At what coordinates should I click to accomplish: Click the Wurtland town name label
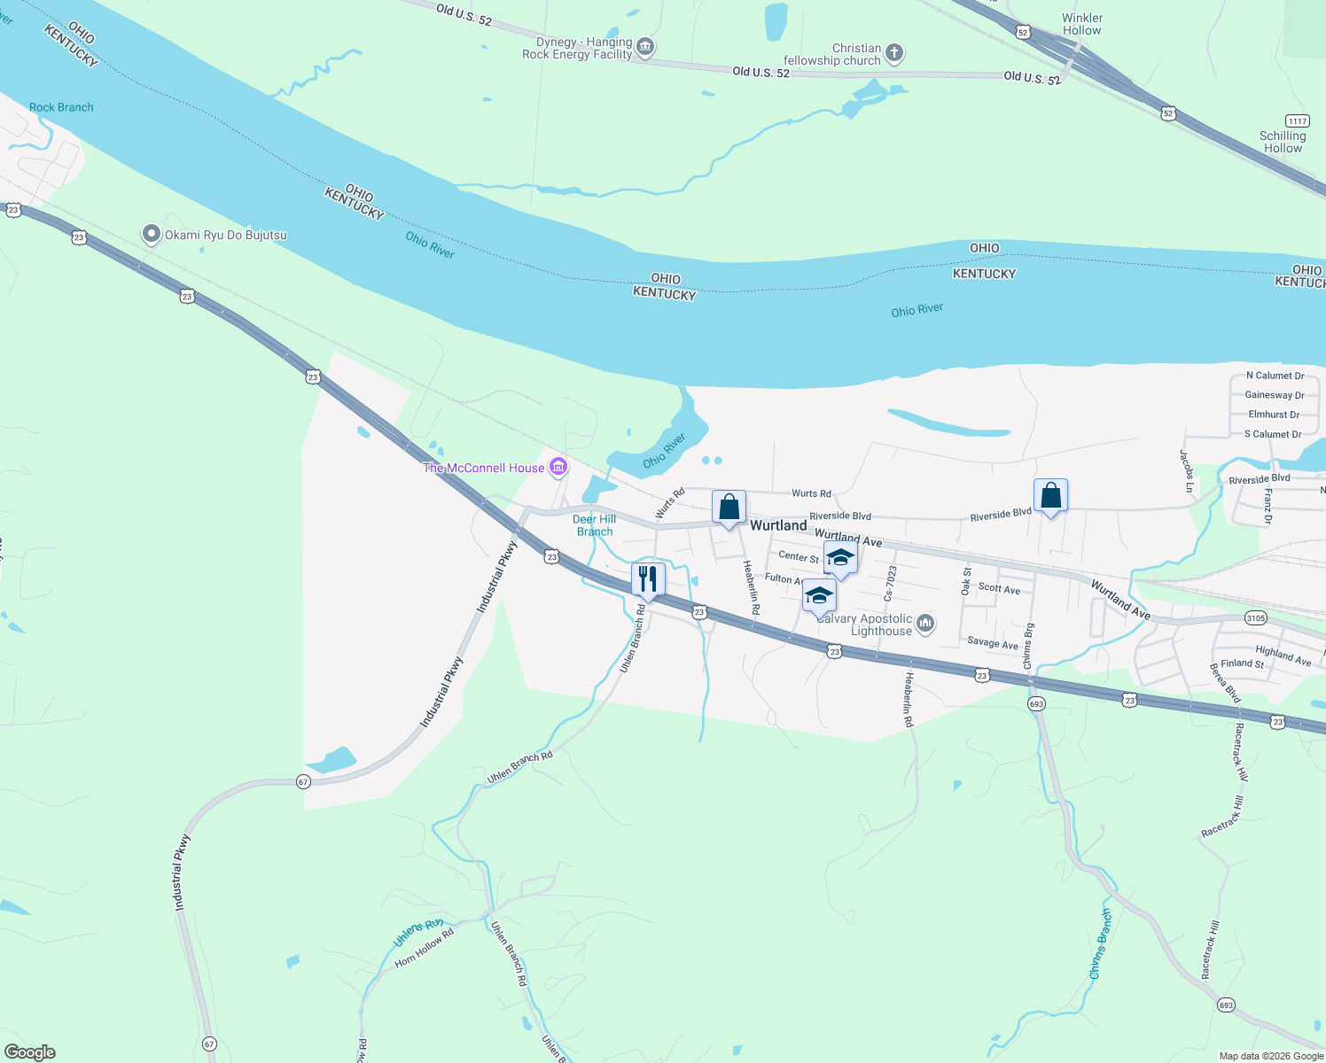[x=778, y=525]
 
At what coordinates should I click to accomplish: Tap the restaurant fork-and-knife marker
[x=648, y=579]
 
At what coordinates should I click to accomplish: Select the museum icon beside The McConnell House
[x=558, y=466]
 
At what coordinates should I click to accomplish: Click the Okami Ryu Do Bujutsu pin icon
[x=152, y=235]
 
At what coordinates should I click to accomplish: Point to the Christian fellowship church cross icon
[x=894, y=54]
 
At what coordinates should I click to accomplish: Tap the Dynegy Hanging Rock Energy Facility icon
[x=645, y=47]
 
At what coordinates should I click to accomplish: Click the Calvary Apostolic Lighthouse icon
[x=925, y=624]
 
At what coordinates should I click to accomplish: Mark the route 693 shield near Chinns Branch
[x=1036, y=703]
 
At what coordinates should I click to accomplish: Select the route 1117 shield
[x=1297, y=120]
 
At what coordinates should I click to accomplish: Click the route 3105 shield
[x=1255, y=617]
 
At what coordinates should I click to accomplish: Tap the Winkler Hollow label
[x=1082, y=24]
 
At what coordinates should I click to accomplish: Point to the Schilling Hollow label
[x=1283, y=142]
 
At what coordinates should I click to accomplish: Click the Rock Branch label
[x=61, y=107]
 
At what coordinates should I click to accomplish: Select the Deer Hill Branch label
[x=595, y=525]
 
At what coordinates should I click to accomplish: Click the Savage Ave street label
[x=993, y=643]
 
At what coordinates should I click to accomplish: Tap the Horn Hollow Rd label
[x=424, y=947]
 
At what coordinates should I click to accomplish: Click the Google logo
[x=30, y=1052]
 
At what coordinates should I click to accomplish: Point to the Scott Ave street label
[x=999, y=589]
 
